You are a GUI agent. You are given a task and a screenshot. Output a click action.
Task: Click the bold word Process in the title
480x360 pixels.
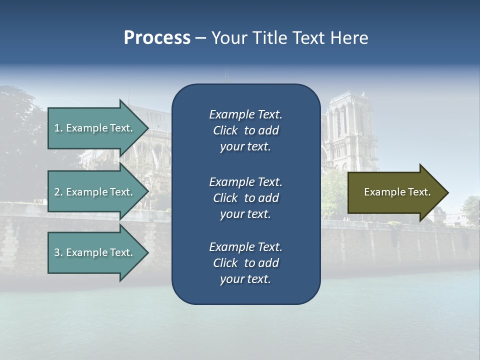click(x=157, y=38)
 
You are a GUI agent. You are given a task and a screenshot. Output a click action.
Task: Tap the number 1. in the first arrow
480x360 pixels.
click(x=58, y=128)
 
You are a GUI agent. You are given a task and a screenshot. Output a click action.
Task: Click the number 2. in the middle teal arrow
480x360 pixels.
click(x=58, y=192)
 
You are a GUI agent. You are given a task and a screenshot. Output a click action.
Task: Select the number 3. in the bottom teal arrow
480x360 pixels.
click(x=58, y=252)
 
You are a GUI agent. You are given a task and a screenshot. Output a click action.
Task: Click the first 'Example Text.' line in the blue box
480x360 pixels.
click(x=245, y=114)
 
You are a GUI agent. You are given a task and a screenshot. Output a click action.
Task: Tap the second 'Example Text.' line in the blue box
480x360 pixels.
click(x=245, y=181)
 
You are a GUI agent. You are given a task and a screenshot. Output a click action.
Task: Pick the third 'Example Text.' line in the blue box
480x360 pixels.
click(x=245, y=247)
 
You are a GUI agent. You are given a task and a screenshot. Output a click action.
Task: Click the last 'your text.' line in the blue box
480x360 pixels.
click(x=245, y=279)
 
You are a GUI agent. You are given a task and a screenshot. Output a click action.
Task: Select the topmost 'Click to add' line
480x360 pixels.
click(x=245, y=130)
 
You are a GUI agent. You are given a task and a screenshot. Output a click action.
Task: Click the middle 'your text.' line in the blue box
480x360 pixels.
click(x=245, y=214)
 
